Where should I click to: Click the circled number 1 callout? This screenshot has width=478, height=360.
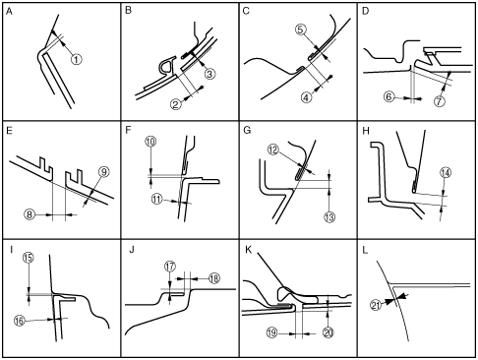click(77, 59)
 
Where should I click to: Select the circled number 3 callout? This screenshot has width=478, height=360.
click(209, 74)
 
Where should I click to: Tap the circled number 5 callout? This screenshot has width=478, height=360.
click(301, 30)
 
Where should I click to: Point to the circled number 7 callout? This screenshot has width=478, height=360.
click(440, 101)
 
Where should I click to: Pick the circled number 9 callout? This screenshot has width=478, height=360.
click(104, 172)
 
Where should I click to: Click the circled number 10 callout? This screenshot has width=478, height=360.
click(150, 142)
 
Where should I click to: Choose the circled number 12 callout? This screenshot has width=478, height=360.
click(273, 150)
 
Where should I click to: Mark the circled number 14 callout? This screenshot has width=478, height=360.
click(446, 173)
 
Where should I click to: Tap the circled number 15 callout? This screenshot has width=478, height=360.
click(29, 258)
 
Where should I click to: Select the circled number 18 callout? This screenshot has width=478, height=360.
click(213, 278)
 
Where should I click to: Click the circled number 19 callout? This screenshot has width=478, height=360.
click(272, 333)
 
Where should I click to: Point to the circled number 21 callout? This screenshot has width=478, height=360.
click(376, 306)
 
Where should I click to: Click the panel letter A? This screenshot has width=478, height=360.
click(9, 12)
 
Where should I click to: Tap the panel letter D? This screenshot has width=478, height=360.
click(366, 11)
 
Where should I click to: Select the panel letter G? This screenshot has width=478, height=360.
click(247, 131)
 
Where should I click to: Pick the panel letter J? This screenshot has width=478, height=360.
click(132, 250)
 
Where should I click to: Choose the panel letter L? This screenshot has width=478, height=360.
click(365, 251)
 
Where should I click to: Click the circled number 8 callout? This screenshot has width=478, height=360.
click(30, 214)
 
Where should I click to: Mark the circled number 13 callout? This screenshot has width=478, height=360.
click(329, 217)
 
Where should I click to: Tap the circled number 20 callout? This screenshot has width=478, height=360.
click(329, 332)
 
